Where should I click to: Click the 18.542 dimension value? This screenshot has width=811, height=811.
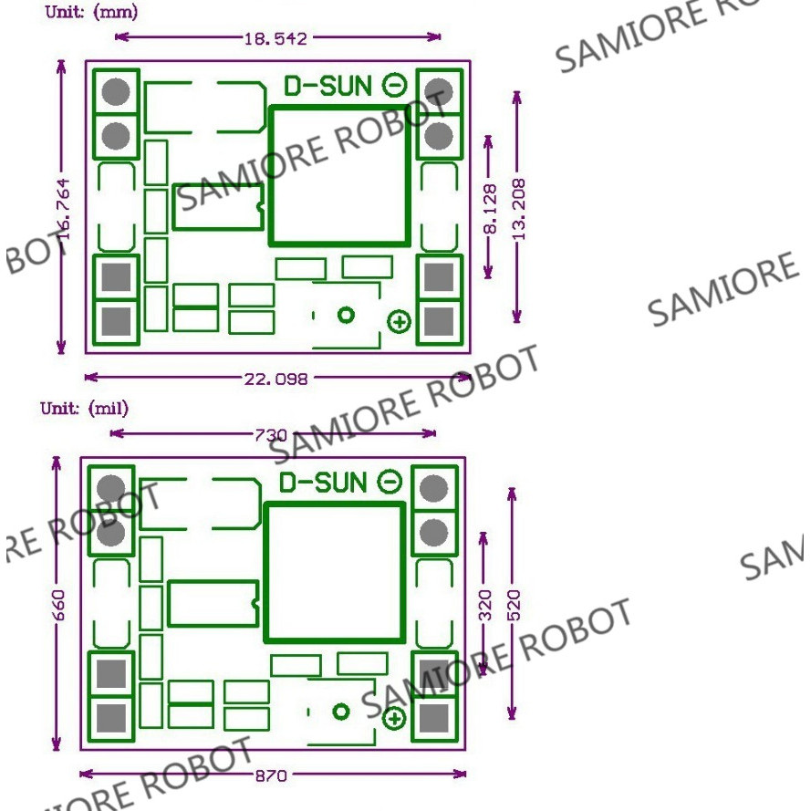(x=276, y=37)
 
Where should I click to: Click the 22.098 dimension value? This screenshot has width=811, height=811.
(x=276, y=377)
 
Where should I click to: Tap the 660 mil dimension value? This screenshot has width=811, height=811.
(x=58, y=604)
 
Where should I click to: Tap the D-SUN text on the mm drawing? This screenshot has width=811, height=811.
(x=328, y=86)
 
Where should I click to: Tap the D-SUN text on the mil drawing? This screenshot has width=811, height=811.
(x=323, y=483)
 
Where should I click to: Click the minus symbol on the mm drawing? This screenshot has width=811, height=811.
(x=394, y=86)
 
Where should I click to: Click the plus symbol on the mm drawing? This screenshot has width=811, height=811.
(x=400, y=321)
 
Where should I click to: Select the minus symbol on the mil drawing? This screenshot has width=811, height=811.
(x=390, y=483)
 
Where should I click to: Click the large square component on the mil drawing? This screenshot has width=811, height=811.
(x=334, y=572)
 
